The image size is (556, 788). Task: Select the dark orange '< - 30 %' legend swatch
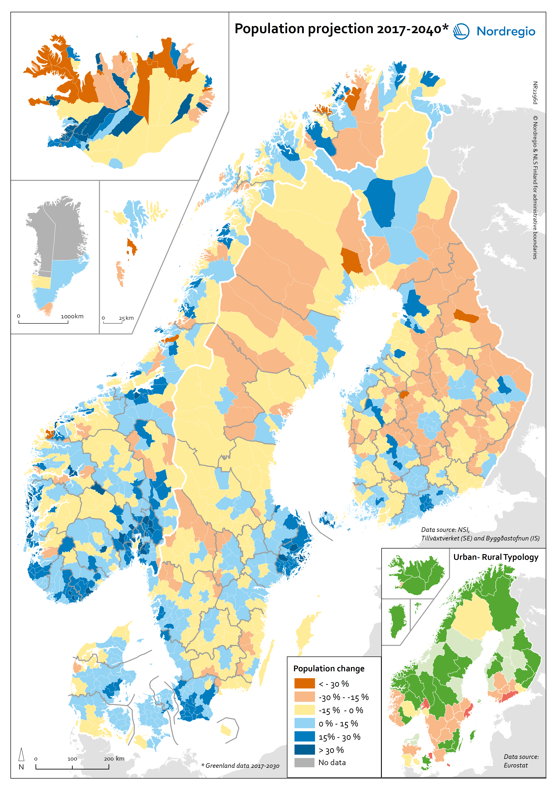(x=304, y=683)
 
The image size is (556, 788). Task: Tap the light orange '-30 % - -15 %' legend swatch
(x=304, y=697)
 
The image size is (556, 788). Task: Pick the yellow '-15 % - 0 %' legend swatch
(x=304, y=710)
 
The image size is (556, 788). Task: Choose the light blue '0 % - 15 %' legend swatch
(x=304, y=723)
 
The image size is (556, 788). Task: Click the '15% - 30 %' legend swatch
(x=304, y=736)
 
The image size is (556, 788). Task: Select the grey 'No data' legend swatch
(x=304, y=762)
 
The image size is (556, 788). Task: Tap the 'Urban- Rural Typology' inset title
(x=496, y=557)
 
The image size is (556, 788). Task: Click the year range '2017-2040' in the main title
(x=409, y=29)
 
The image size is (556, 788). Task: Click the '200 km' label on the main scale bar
(x=114, y=759)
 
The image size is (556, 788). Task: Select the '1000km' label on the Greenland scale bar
(x=72, y=316)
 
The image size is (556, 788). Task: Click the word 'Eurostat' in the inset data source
(x=515, y=765)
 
